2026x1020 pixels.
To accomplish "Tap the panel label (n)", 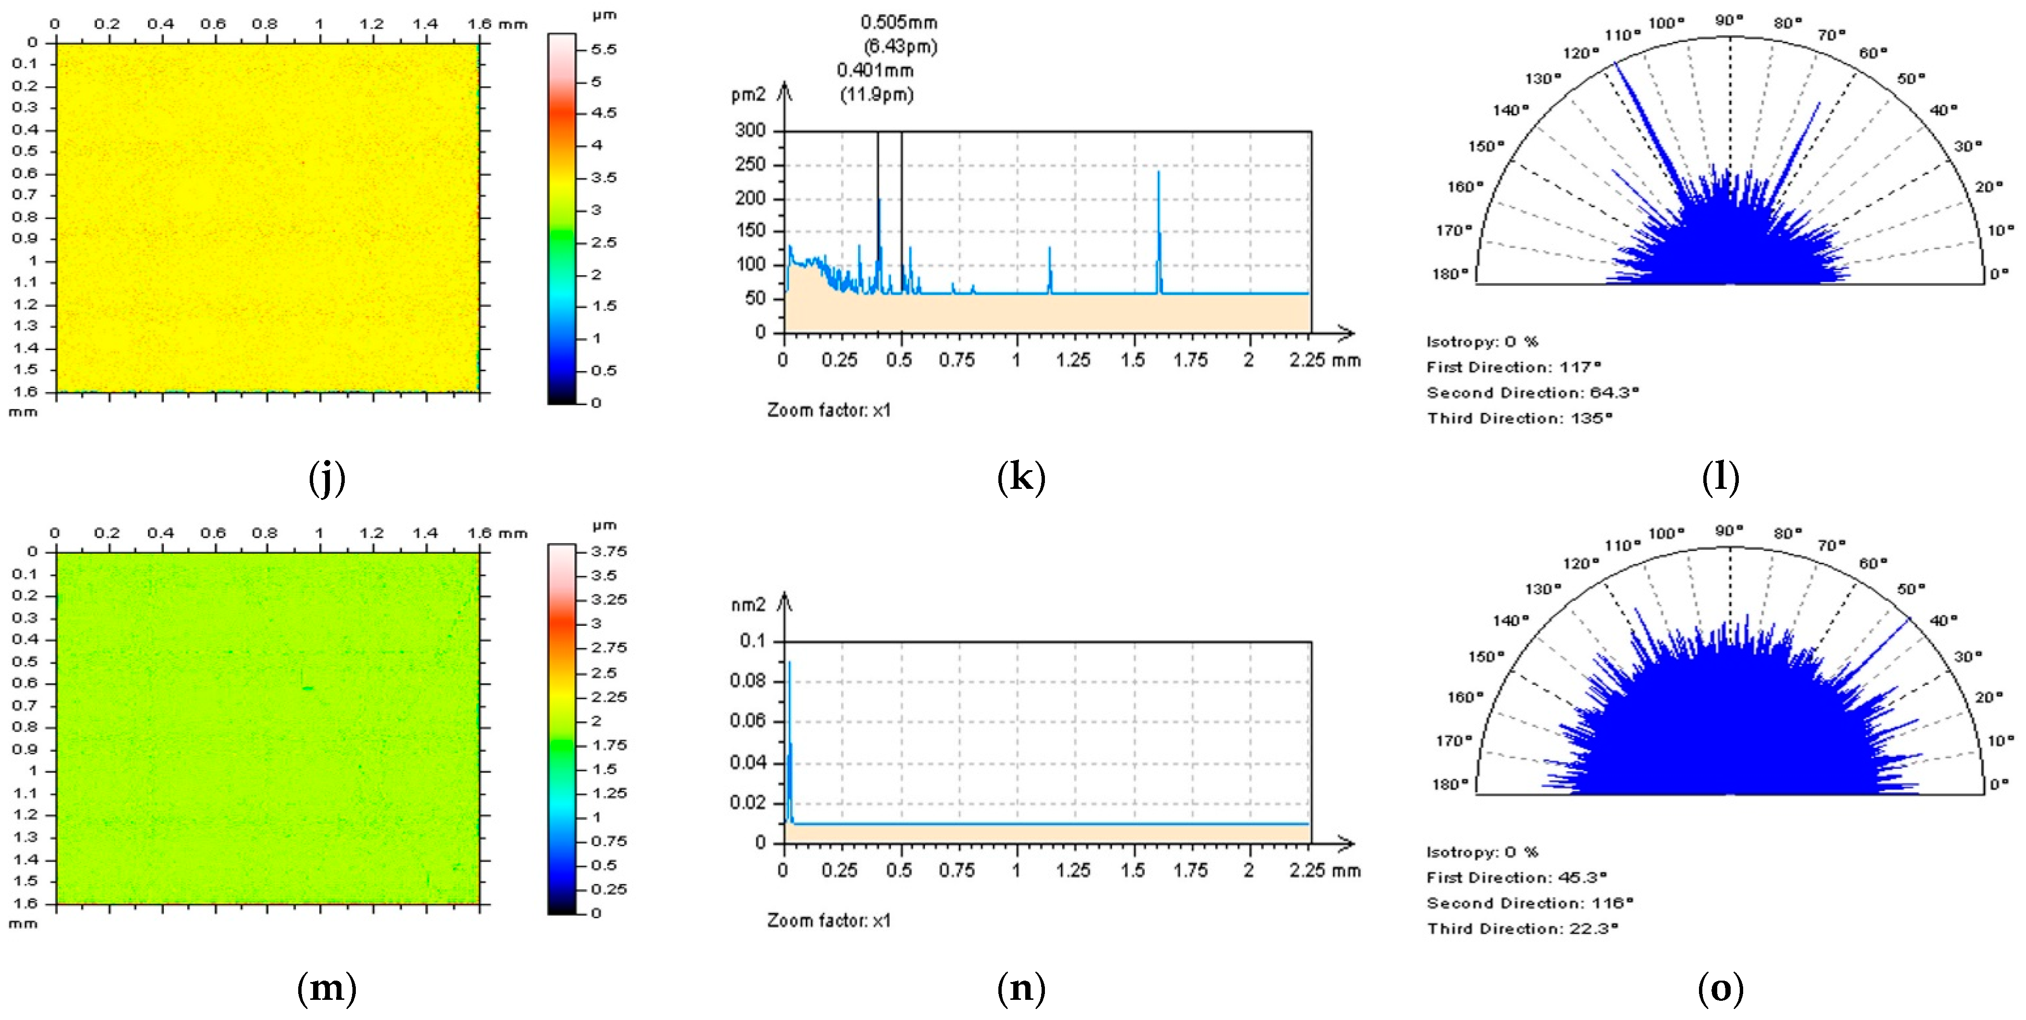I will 1021,988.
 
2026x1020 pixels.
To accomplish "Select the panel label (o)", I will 1720,988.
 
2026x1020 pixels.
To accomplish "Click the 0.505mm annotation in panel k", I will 898,22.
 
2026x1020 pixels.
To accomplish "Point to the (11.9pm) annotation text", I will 876,95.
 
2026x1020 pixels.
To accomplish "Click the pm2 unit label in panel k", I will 748,95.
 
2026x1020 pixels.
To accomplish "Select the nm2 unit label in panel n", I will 748,605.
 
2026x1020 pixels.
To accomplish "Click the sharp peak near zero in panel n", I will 789,665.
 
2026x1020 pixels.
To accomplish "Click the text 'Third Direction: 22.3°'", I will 1523,929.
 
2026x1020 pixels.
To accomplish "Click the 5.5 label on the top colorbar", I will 604,49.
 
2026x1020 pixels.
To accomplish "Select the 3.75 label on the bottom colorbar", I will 609,551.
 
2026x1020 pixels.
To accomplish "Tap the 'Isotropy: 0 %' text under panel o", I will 1482,852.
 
